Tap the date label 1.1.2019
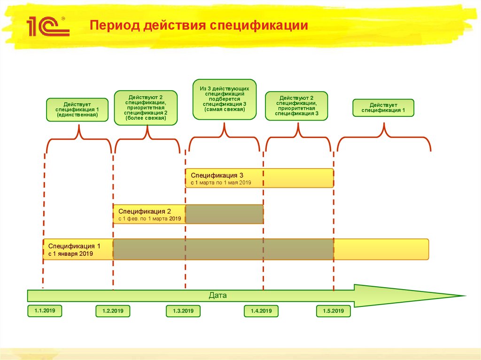[x=45, y=311]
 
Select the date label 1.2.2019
[x=113, y=311]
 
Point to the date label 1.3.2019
[x=183, y=311]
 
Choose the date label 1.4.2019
[x=261, y=311]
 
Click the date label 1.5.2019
[x=333, y=311]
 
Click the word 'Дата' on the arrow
[x=217, y=296]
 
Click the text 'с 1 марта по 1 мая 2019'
[x=221, y=182]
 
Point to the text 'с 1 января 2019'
[x=70, y=253]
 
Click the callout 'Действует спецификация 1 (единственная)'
[x=77, y=109]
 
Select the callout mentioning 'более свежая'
[x=146, y=107]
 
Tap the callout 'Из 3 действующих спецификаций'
[x=225, y=99]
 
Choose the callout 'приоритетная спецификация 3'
[x=296, y=106]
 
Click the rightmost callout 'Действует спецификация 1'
[x=383, y=107]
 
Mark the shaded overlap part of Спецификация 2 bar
[x=224, y=214]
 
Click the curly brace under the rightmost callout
[x=384, y=136]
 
